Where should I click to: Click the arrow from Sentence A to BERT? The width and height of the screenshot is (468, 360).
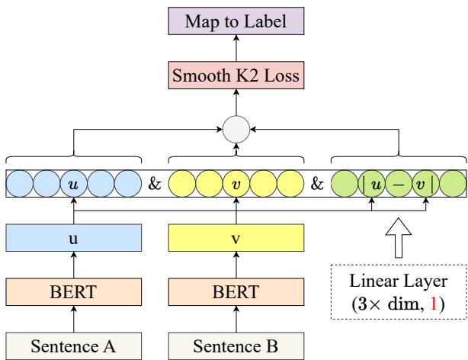click(73, 320)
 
